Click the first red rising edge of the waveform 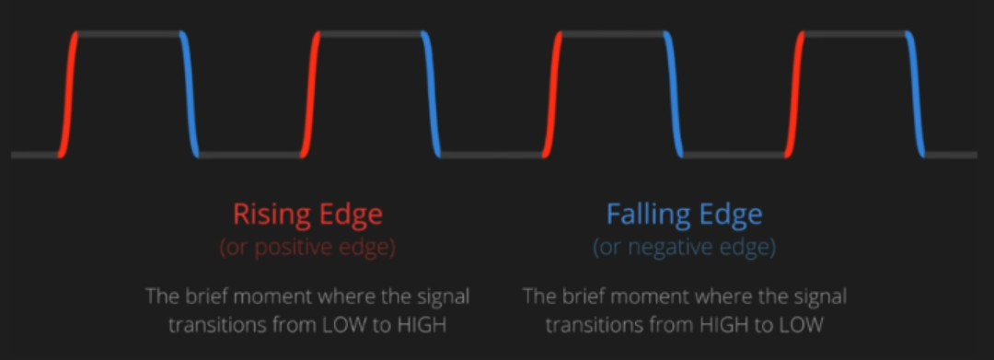click(68, 94)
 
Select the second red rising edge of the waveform click(310, 94)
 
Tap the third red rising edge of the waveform click(552, 94)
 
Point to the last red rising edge click(794, 94)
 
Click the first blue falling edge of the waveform click(189, 94)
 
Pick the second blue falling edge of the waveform click(431, 94)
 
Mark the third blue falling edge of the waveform click(673, 94)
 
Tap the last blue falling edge click(915, 94)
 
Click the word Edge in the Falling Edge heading click(734, 215)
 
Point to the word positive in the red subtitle click(290, 248)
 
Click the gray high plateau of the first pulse click(129, 33)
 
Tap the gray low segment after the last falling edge click(950, 155)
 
